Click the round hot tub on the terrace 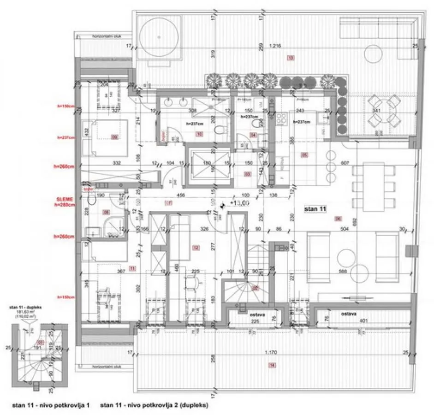tap(159, 36)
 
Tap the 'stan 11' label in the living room tap(315, 209)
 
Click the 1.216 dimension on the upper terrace tap(274, 46)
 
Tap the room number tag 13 tap(290, 58)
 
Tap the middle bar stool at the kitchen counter tap(330, 166)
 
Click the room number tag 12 tap(196, 248)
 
